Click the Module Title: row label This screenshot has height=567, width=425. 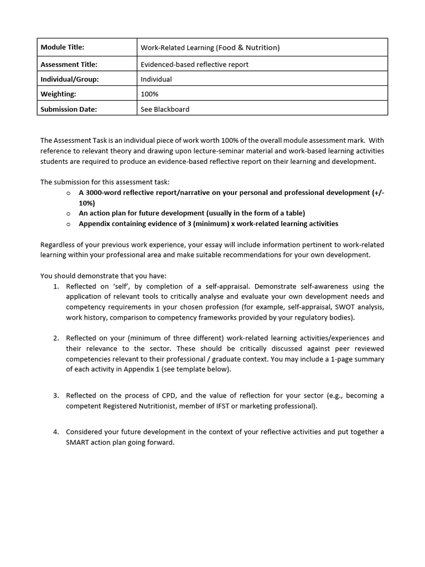coord(63,48)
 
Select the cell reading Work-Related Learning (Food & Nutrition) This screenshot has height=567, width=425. coord(210,48)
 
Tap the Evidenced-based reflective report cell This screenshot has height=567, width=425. coord(194,64)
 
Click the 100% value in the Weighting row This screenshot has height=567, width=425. coord(149,94)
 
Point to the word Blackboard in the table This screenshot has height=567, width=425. coord(172,109)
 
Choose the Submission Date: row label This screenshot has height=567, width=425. coord(69,109)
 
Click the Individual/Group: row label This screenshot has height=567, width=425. coord(70,79)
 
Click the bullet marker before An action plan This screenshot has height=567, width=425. coord(68,213)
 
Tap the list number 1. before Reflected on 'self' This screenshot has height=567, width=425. coord(56,286)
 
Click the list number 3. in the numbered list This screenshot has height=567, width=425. coord(56,395)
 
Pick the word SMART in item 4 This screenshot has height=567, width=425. coord(76,442)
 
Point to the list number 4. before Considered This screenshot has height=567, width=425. coord(56,432)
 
